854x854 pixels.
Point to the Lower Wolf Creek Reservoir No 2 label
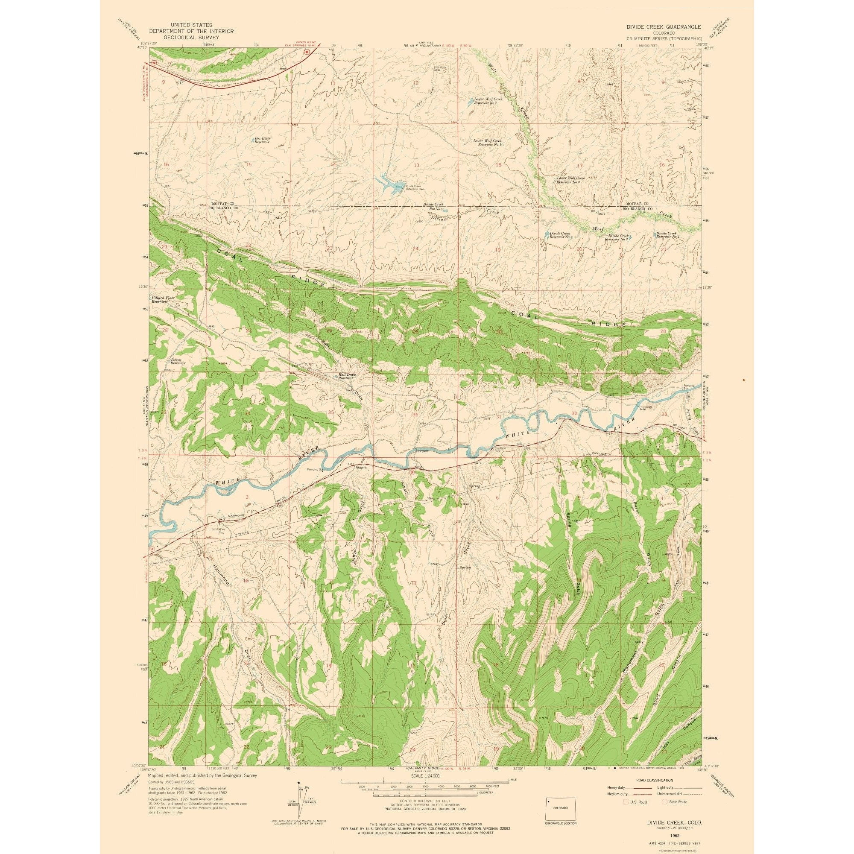click(485, 101)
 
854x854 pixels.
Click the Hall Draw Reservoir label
click(347, 376)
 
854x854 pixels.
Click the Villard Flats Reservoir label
click(163, 300)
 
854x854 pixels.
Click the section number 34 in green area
click(247, 413)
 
